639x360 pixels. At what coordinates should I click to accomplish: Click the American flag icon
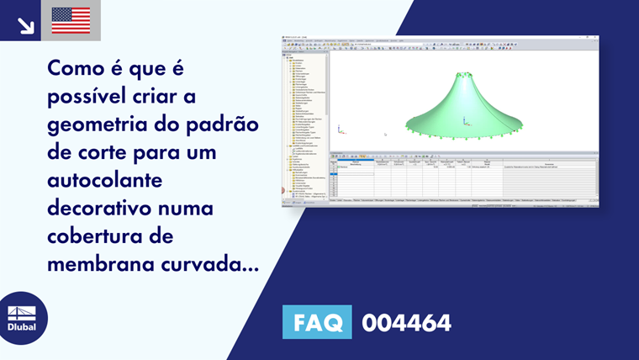click(71, 20)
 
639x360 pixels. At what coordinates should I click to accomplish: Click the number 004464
click(406, 322)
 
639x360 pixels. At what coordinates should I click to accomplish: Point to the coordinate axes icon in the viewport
click(340, 130)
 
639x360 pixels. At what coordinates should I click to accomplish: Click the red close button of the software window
click(596, 37)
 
